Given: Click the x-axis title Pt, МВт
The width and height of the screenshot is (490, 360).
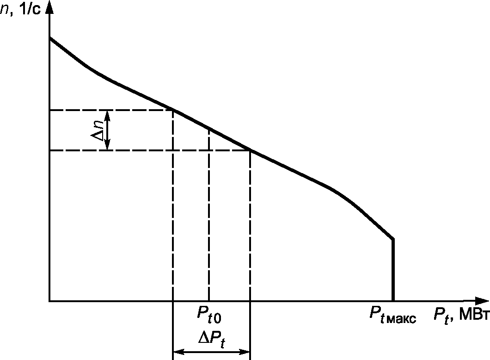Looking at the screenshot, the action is coord(460,316).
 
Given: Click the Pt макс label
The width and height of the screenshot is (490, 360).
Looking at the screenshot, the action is coord(392,316).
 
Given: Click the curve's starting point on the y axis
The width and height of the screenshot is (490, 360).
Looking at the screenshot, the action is coord(49,37).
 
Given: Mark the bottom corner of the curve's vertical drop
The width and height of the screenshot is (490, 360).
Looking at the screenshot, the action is coord(393,301).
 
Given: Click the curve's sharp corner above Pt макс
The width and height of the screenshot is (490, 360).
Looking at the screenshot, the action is coord(393,239).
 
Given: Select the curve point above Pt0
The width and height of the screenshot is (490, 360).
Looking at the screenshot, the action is coord(209,128).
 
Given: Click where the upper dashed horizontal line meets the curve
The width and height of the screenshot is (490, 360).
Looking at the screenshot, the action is coord(173,110).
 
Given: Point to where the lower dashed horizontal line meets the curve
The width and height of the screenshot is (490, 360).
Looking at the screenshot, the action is coord(250,150).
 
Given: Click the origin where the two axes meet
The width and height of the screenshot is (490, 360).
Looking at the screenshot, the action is coord(49,301).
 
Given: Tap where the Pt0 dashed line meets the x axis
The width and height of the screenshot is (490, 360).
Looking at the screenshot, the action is coord(209,301).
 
